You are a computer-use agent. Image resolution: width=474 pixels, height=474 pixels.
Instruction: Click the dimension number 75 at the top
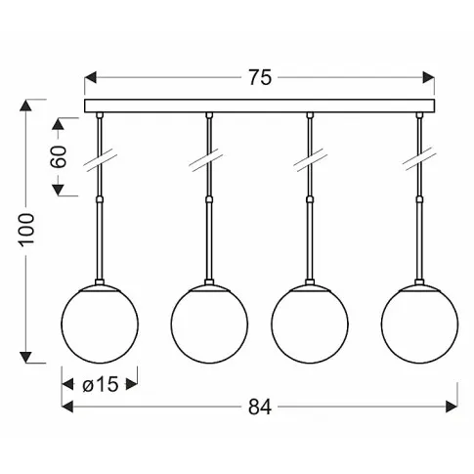click(260, 77)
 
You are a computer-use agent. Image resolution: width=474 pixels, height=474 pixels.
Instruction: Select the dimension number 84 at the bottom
click(260, 407)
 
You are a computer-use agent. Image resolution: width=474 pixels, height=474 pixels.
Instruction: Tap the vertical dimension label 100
click(26, 230)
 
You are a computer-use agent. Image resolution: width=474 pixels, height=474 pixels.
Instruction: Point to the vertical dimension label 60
click(59, 156)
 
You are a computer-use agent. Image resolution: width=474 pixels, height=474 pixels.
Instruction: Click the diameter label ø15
click(100, 384)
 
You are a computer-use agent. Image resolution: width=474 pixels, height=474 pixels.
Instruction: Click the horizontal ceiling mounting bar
click(259, 106)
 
